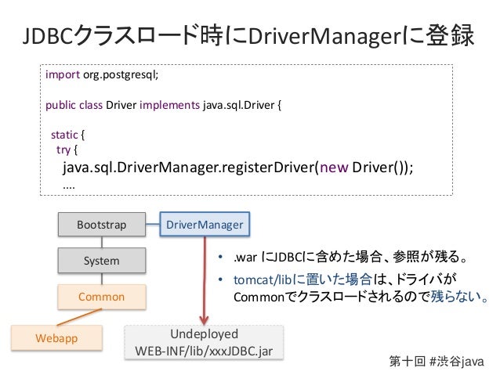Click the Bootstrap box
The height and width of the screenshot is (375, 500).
point(102,225)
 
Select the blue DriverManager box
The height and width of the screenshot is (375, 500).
point(205,225)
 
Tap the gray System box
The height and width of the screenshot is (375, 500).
point(102,261)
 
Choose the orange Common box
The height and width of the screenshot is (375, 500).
point(102,297)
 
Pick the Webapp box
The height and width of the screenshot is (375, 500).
point(56,338)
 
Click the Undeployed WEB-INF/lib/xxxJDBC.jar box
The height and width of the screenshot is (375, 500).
point(204,342)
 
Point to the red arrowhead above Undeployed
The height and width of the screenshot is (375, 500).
point(205,320)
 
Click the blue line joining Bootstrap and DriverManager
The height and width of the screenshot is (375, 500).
point(153,225)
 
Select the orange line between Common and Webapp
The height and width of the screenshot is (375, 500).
point(79,317)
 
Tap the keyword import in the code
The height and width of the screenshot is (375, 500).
point(63,74)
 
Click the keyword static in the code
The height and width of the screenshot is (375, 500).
point(64,135)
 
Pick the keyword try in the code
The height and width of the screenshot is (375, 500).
point(63,150)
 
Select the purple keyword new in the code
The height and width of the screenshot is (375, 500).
point(334,168)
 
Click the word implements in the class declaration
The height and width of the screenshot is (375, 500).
point(169,105)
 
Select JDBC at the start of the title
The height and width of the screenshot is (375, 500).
point(48,36)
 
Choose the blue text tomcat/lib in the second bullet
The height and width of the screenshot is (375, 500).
point(263,279)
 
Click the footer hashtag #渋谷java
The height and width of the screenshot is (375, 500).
point(457,362)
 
